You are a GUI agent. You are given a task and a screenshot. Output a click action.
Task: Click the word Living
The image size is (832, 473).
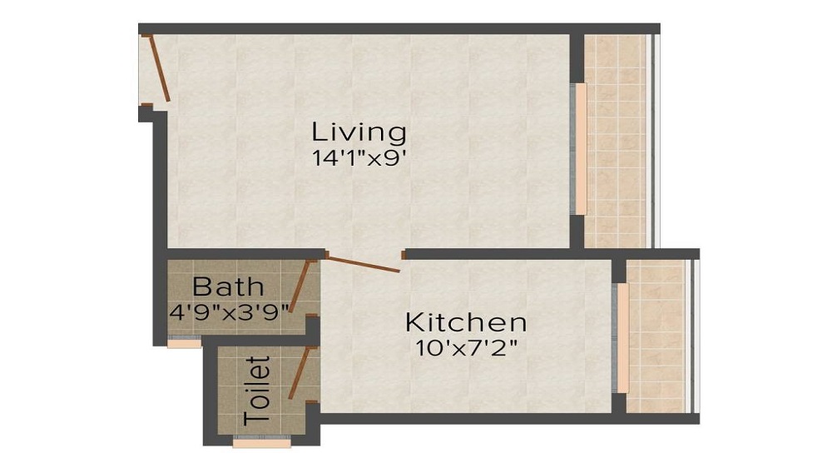pos(359,132)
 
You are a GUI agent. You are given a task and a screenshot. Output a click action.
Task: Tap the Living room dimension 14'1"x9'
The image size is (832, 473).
pos(359,158)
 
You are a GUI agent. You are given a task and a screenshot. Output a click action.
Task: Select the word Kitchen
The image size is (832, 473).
pos(465,321)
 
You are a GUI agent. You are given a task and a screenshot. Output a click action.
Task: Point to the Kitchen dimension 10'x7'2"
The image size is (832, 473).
pos(465,346)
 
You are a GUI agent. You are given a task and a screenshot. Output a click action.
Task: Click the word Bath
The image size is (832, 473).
pos(228,287)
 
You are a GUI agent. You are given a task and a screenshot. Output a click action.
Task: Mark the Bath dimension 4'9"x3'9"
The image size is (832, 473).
pos(230,312)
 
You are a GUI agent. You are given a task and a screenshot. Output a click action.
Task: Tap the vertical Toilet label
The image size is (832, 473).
pos(260,391)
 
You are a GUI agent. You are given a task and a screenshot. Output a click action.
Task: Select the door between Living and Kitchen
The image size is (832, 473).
pos(363,265)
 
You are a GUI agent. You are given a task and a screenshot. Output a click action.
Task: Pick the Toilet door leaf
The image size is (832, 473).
pos(300,373)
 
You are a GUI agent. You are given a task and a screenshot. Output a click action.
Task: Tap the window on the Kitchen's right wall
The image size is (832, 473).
pos(620,337)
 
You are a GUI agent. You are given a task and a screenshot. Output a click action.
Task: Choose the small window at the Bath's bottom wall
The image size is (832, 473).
pos(184,342)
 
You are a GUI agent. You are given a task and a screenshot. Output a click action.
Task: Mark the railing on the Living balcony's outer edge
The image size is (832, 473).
pos(654,142)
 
